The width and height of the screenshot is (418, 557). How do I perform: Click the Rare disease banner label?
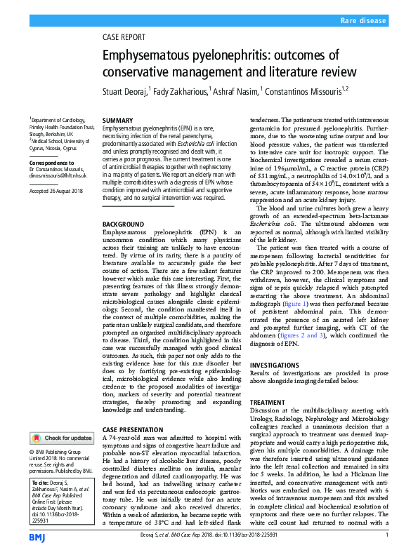[x=364, y=22]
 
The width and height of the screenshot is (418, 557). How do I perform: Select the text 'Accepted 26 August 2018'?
[x=56, y=191]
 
